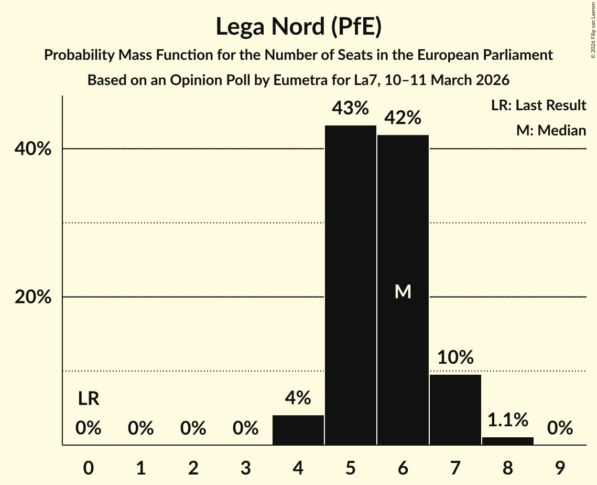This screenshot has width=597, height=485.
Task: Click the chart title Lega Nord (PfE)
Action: click(298, 27)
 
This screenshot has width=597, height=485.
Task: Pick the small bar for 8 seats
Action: click(508, 441)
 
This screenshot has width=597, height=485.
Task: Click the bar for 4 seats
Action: click(298, 430)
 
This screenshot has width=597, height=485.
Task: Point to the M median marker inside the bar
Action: click(403, 292)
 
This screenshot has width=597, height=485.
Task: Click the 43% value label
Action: click(350, 109)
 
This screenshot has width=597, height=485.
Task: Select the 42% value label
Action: click(403, 118)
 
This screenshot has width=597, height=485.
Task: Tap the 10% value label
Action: click(455, 358)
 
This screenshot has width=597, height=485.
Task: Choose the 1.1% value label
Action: click(508, 420)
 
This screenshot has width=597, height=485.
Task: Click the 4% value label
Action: click(298, 398)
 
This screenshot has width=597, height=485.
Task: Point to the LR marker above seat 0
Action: click(89, 399)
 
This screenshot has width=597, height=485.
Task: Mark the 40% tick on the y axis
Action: click(32, 149)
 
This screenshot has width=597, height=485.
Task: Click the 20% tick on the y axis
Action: click(32, 297)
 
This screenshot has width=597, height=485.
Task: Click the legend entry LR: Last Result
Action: click(538, 106)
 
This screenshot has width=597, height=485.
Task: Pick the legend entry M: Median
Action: click(551, 130)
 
